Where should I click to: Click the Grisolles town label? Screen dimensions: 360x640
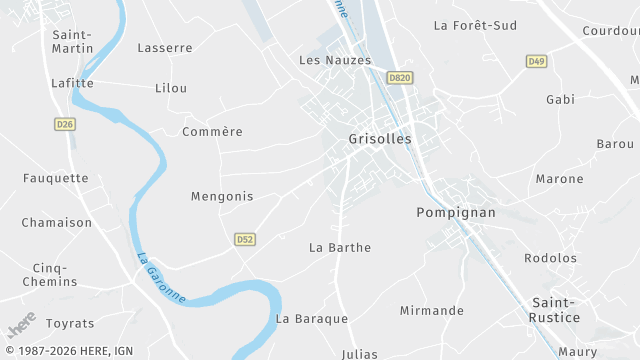pyautogui.click(x=380, y=139)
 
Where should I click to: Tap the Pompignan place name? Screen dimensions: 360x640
pyautogui.click(x=450, y=213)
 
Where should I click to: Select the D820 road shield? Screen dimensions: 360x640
pyautogui.click(x=400, y=78)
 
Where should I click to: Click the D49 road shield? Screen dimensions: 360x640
pyautogui.click(x=536, y=62)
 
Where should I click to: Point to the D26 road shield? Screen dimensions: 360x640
pyautogui.click(x=65, y=124)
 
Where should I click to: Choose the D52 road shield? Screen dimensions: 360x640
pyautogui.click(x=245, y=239)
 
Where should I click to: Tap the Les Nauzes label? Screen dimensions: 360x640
pyautogui.click(x=335, y=60)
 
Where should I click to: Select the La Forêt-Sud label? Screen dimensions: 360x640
pyautogui.click(x=475, y=25)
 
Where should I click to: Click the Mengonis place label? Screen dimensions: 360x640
pyautogui.click(x=222, y=197)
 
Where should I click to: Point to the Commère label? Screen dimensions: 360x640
pyautogui.click(x=212, y=132)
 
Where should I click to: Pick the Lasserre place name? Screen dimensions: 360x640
pyautogui.click(x=165, y=48)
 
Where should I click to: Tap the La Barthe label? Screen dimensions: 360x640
pyautogui.click(x=340, y=247)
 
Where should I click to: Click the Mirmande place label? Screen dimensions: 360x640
pyautogui.click(x=432, y=311)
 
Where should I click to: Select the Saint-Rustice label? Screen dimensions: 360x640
pyautogui.click(x=555, y=309)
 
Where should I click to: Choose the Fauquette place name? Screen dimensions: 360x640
pyautogui.click(x=56, y=179)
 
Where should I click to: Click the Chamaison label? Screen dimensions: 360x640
pyautogui.click(x=57, y=223)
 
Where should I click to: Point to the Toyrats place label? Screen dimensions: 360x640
pyautogui.click(x=70, y=324)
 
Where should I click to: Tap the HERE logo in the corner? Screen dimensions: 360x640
pyautogui.click(x=21, y=325)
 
